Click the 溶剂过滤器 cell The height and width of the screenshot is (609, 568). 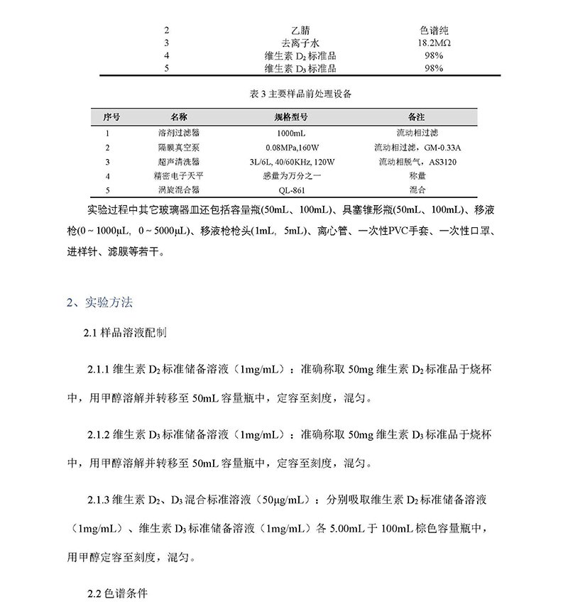179,132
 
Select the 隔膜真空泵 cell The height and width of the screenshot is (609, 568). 179,147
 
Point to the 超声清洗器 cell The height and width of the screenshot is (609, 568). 179,161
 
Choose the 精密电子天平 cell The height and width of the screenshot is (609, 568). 179,175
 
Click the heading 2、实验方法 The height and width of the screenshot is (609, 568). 99,302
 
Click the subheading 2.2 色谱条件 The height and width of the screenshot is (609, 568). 116,593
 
